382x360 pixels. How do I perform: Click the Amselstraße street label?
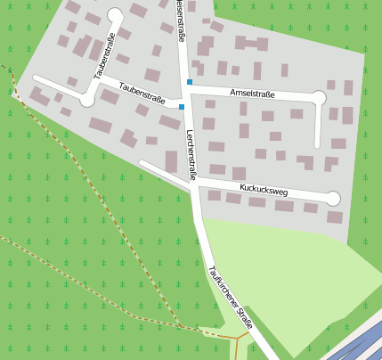point(252,93)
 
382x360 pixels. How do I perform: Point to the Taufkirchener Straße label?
point(230,299)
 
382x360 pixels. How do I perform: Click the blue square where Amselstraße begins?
point(189,83)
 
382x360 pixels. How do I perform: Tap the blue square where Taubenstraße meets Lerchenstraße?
point(182,107)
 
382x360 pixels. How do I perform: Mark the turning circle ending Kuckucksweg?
point(333,198)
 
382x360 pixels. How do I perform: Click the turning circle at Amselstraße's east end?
point(319,97)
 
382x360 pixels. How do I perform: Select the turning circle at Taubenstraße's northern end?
point(115,14)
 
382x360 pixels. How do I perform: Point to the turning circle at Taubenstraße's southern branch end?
point(87,100)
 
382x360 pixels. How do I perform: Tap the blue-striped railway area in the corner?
point(360,343)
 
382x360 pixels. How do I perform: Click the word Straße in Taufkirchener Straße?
point(241,315)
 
